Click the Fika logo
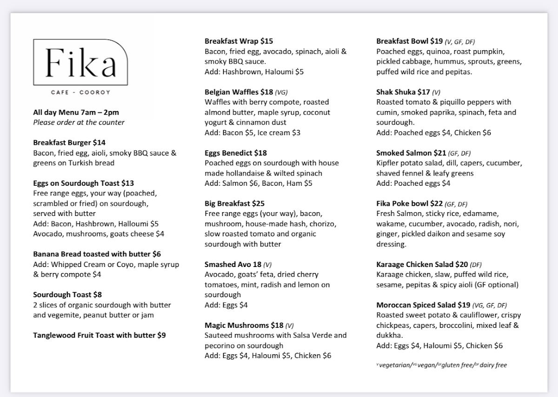tap(81, 62)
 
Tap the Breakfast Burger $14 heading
tap(69, 143)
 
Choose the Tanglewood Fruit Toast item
tap(99, 335)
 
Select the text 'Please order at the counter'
tap(79, 123)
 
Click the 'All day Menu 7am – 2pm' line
tap(76, 112)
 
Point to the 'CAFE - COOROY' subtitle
tap(81, 92)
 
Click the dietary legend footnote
tap(441, 365)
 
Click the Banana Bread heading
tap(97, 254)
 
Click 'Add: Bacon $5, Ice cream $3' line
tap(252, 133)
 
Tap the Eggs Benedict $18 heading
tap(236, 153)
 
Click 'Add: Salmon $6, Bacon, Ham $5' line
tap(259, 183)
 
